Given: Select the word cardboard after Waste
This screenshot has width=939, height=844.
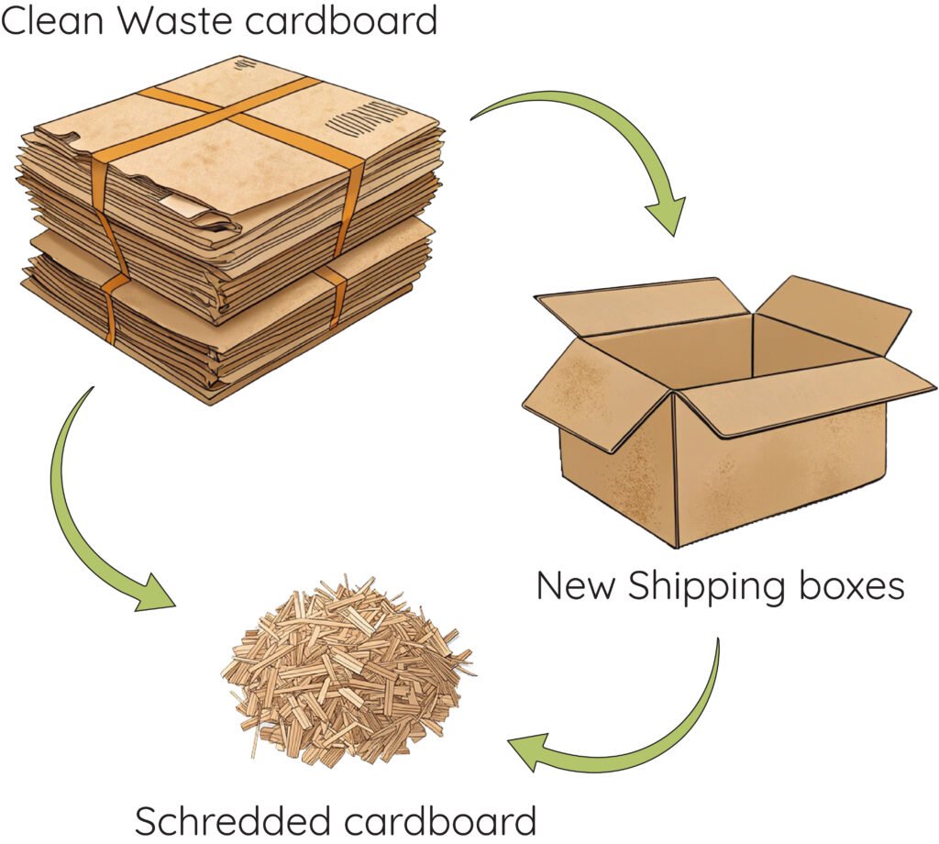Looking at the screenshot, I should [x=342, y=20].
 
